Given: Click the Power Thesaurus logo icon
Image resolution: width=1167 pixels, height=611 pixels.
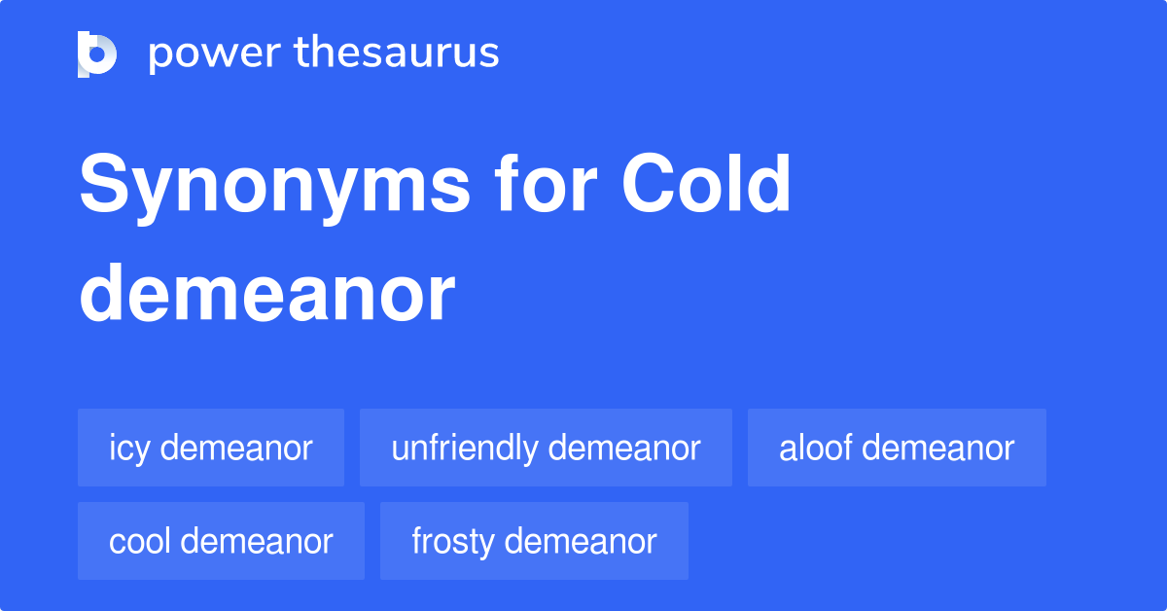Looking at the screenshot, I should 97,54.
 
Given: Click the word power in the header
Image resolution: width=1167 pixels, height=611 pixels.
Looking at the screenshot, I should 213,54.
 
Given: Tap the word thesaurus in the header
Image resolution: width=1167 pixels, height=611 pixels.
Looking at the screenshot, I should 397,54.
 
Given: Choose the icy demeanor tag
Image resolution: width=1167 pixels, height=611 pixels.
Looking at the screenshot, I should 211,448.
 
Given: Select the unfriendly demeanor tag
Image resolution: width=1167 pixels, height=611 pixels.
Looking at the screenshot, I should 546,448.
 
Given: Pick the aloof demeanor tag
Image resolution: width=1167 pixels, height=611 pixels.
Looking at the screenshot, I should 897,448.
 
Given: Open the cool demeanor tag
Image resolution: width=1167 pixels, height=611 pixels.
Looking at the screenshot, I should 221,541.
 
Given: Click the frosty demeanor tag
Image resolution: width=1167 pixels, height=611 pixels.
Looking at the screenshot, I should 534,541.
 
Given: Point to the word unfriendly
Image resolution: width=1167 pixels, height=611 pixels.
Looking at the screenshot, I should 464,448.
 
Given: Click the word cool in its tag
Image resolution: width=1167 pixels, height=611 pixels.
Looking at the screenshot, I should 140,541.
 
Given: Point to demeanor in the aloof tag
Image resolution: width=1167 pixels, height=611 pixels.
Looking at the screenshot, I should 938,448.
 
